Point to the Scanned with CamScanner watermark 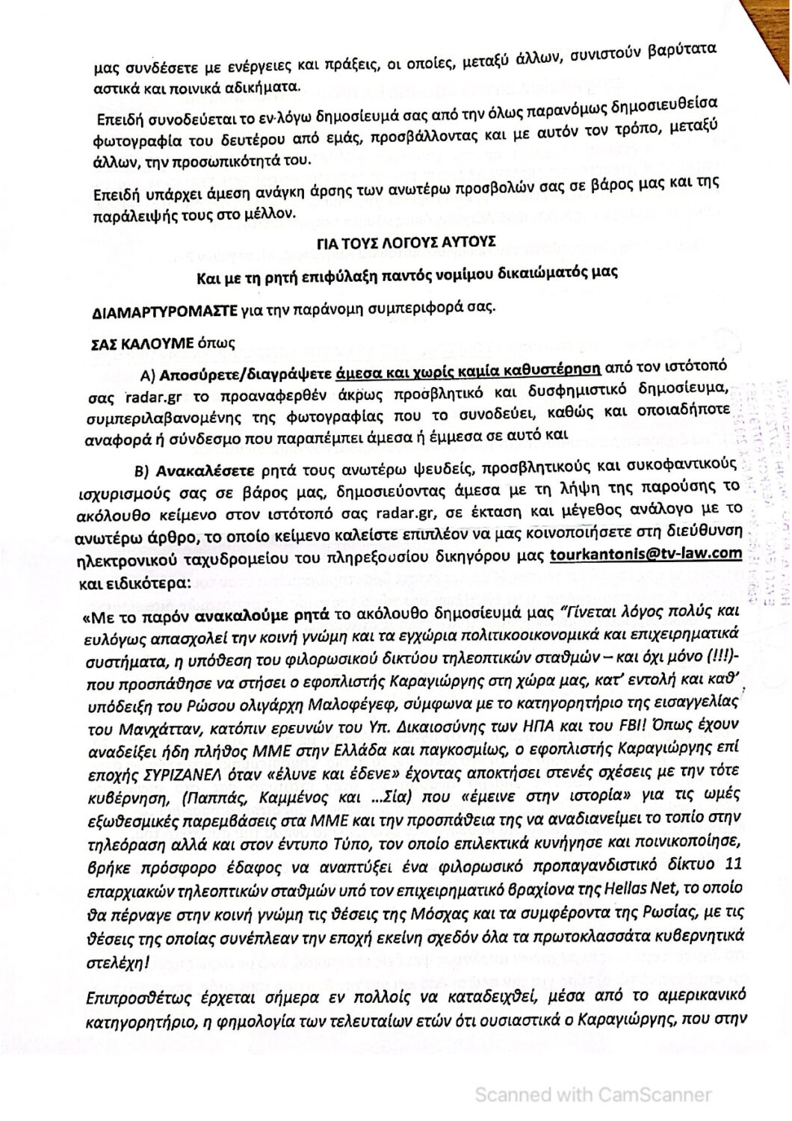coord(593,1095)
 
